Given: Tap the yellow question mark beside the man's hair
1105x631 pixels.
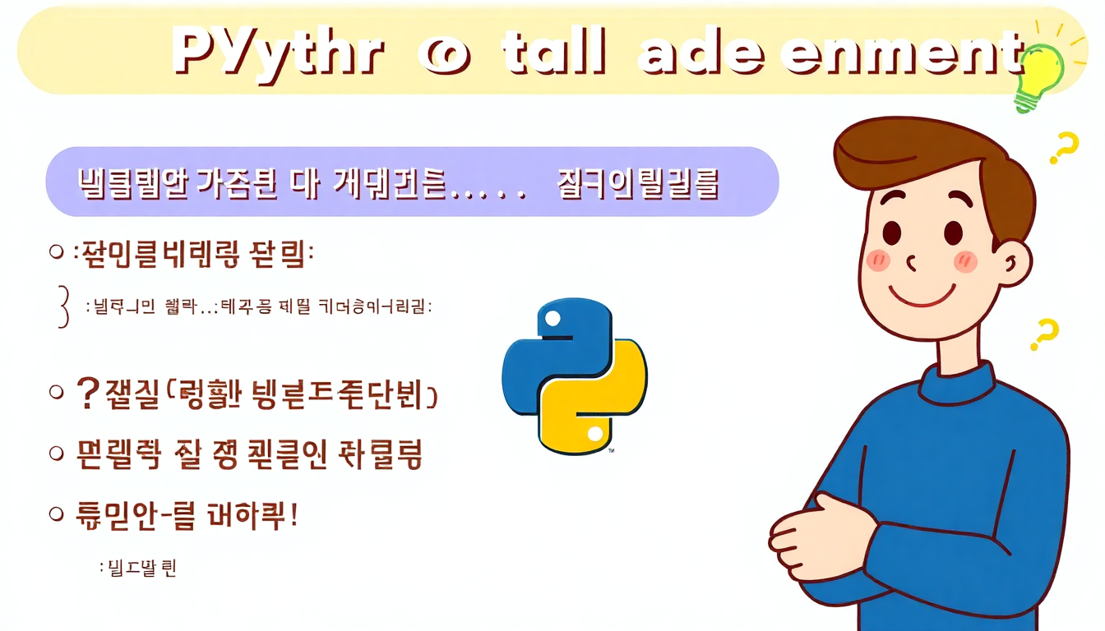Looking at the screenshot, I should coord(1062,150).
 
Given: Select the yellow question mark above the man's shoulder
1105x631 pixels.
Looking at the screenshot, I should coord(1045,335).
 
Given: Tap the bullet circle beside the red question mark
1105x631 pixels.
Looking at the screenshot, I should coord(57,393).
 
